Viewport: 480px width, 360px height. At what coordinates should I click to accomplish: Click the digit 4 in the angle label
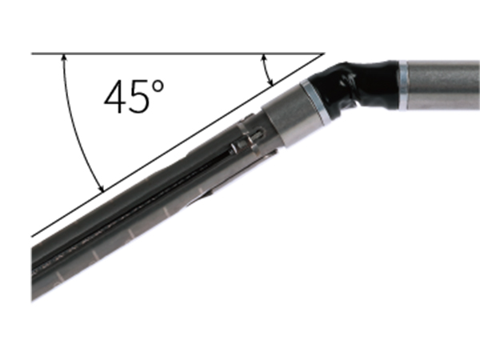point(115,98)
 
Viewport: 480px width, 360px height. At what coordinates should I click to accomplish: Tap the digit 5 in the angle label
point(139,98)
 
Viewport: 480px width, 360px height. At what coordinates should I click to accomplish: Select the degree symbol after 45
point(158,86)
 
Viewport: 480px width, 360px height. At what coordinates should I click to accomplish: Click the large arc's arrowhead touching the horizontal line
point(64,58)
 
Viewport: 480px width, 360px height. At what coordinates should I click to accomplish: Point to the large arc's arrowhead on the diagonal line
point(101,188)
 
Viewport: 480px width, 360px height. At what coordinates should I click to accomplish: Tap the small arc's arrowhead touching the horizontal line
point(263,58)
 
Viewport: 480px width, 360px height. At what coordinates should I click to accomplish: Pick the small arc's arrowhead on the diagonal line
point(270,82)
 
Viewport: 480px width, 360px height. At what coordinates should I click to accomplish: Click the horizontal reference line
point(178,54)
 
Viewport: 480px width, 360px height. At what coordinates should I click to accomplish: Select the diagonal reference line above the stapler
point(178,145)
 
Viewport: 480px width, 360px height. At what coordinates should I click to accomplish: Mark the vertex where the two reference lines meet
point(324,54)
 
